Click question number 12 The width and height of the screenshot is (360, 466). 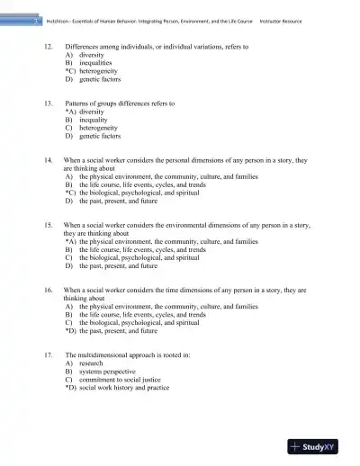coord(48,44)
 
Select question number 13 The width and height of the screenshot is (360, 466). coord(48,103)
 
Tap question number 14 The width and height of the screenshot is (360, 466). coord(48,159)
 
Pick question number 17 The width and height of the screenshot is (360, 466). coord(48,356)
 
